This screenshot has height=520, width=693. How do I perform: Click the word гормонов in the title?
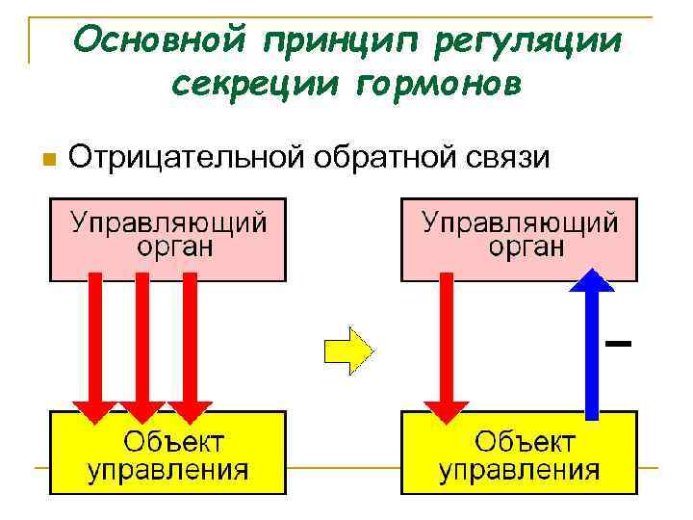[x=441, y=86]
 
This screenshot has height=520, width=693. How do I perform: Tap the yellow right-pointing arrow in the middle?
[x=348, y=349]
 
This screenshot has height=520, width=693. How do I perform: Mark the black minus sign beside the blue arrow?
[x=619, y=342]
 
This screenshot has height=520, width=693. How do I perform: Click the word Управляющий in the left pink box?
[x=167, y=222]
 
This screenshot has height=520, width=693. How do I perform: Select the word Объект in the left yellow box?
[x=173, y=444]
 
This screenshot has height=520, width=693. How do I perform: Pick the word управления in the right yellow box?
[x=520, y=471]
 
